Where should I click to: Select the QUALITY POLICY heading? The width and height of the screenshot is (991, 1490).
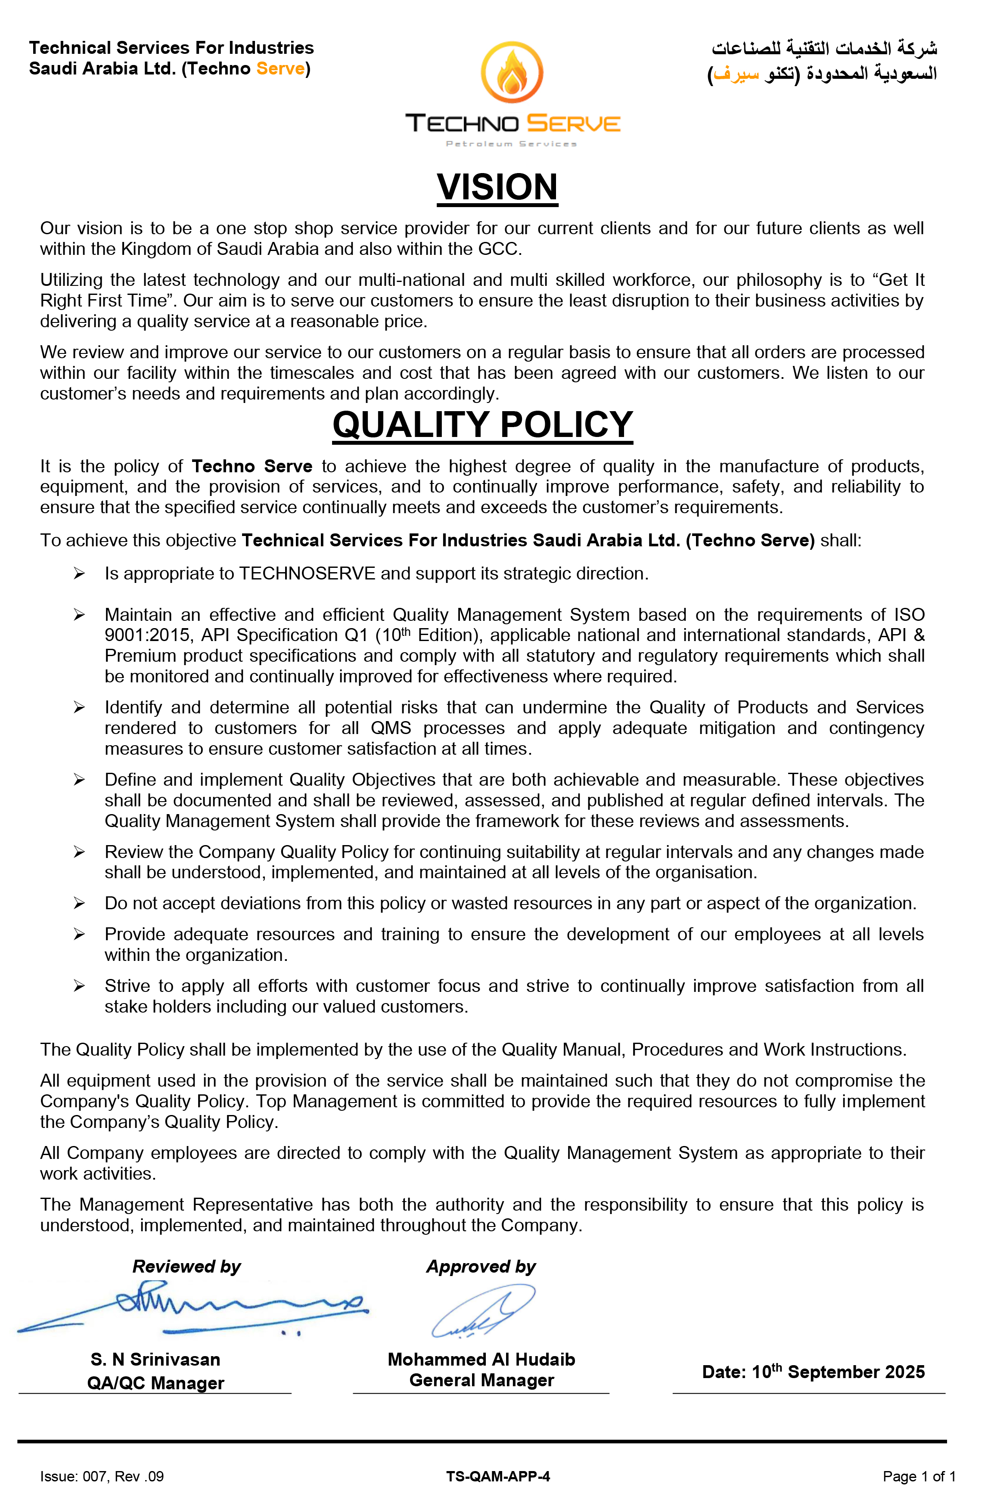click(482, 424)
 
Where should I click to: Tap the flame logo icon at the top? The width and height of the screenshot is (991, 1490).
click(512, 72)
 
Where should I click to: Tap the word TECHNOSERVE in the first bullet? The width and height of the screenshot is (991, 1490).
click(307, 573)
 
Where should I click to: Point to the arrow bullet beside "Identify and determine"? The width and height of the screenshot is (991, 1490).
click(79, 707)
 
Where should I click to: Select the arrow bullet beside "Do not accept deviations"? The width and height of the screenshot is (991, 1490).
click(79, 904)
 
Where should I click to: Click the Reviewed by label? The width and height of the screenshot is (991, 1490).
click(186, 1267)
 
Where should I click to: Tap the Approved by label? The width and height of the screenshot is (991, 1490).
click(481, 1267)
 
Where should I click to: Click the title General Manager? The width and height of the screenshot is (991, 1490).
click(482, 1380)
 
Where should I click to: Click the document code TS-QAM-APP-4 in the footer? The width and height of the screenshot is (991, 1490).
click(498, 1477)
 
